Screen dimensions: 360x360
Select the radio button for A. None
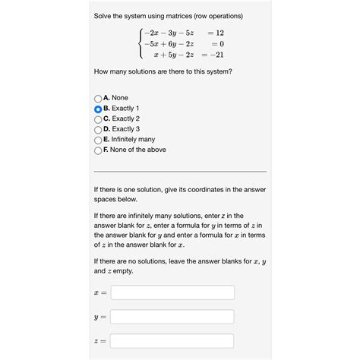[98, 99]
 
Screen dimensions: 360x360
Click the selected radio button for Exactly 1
[98, 109]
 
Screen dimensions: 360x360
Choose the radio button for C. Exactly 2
[98, 119]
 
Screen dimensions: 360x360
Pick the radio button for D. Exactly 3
[98, 130]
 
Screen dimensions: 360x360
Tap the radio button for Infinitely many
[98, 140]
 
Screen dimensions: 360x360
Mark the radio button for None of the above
[98, 150]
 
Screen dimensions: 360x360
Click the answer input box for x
[172, 292]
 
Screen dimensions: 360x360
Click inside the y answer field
[172, 317]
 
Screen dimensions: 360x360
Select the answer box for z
[172, 341]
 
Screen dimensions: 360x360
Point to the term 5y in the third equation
[171, 55]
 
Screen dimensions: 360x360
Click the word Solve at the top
[103, 16]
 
